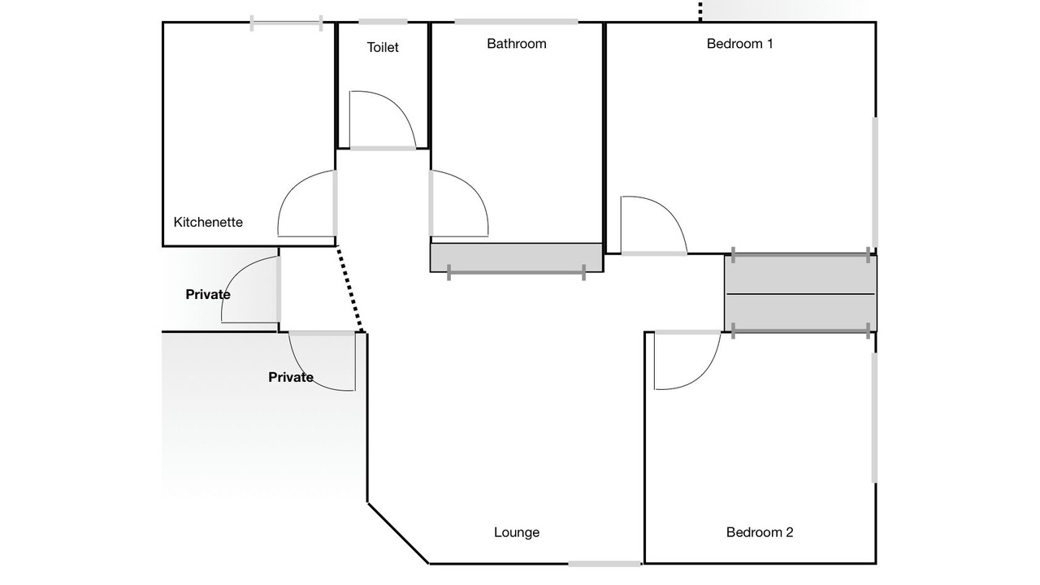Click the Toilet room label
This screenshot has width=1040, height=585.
383,47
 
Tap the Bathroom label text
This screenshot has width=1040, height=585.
516,44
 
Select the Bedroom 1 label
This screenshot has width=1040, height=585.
739,44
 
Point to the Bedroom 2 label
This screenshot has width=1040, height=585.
760,532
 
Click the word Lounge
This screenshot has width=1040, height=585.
516,532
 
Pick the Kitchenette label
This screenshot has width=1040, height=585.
208,222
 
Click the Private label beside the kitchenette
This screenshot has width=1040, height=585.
207,294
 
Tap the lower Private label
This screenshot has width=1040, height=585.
291,377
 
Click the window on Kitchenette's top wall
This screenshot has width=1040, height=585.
286,23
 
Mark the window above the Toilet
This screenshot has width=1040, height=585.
383,21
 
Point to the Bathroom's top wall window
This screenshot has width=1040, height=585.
516,21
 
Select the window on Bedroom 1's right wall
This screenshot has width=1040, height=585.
875,183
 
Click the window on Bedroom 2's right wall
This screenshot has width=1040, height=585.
875,418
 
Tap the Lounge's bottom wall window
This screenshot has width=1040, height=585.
604,564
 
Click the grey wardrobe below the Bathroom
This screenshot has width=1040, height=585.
516,258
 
